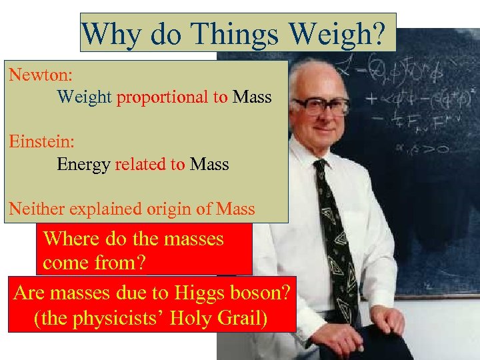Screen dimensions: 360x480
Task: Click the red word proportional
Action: tap(163, 97)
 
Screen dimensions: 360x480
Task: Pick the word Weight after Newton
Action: tap(84, 97)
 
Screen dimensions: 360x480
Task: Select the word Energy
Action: tap(84, 164)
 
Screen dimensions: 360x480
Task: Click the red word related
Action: tap(139, 164)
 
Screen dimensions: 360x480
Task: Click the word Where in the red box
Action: tap(71, 239)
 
